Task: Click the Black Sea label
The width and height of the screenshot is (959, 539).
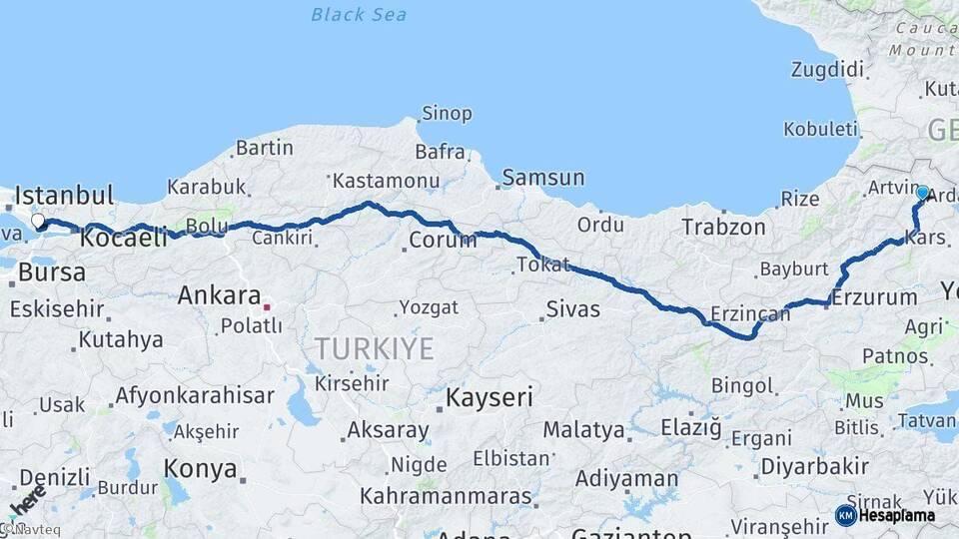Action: coord(359,14)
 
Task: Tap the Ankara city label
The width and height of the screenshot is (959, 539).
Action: coord(219,295)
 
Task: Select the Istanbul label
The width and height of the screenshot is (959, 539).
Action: coord(65,195)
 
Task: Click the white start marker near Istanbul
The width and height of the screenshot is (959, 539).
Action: coord(38,222)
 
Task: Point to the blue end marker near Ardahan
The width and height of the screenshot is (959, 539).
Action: coord(922,193)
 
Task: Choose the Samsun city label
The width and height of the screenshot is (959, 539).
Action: coord(543,178)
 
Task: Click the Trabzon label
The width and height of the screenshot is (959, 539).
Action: coord(723,228)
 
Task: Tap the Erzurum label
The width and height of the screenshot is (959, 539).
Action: coord(874,297)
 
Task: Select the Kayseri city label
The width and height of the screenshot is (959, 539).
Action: coord(488,398)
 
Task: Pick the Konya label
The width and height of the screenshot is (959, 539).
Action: coord(200,468)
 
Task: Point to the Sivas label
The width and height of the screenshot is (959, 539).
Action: coord(573,309)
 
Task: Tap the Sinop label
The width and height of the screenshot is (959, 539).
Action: coord(447,114)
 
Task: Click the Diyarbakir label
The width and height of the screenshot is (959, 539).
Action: coord(814,466)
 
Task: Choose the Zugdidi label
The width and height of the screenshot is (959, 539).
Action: coord(826,70)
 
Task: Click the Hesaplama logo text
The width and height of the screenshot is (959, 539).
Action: coord(897,515)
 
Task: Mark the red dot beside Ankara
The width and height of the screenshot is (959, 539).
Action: coord(267,295)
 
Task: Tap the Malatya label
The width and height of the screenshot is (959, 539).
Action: coord(583,431)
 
